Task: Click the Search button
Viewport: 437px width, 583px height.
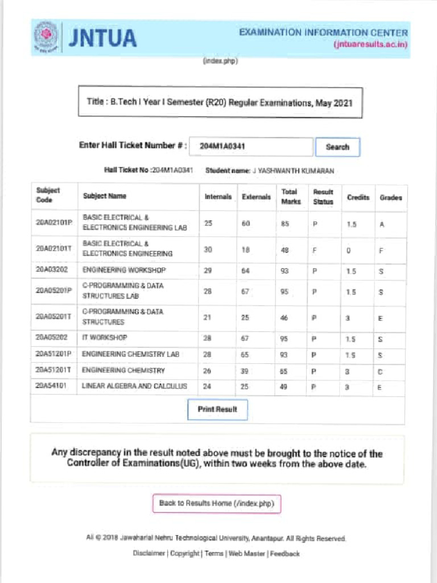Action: point(337,147)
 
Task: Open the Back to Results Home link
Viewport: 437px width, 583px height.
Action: point(216,503)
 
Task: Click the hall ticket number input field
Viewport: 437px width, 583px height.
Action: point(250,146)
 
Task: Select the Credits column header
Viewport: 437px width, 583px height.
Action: point(358,197)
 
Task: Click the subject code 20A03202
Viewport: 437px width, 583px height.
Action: point(52,270)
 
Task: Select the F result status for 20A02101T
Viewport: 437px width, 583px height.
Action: point(314,249)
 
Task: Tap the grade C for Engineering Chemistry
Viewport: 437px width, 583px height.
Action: point(381,371)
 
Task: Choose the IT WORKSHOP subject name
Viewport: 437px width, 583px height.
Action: point(105,337)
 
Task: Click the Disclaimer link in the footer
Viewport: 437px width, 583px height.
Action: point(149,553)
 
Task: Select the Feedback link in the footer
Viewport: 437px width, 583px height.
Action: point(285,553)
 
